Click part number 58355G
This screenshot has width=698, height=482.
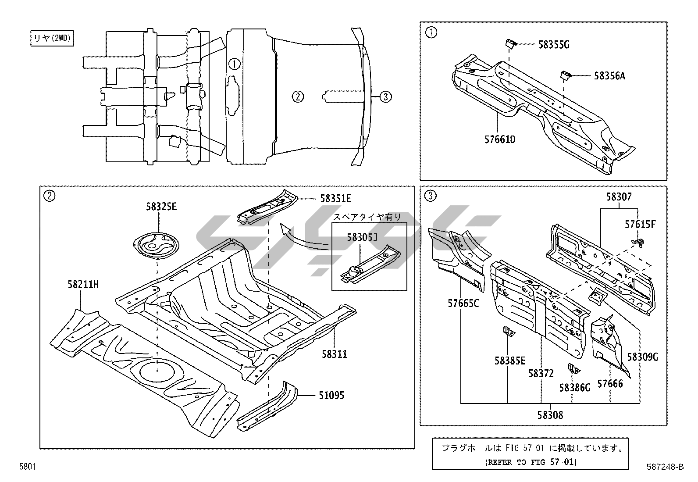[554, 45]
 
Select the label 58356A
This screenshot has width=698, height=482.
[609, 76]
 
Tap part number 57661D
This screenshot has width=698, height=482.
[500, 139]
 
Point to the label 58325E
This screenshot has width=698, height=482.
[161, 207]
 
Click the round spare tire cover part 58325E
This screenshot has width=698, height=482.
[156, 246]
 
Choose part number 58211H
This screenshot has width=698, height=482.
[83, 284]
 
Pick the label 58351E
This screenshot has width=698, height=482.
[335, 199]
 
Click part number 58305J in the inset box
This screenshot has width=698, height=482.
[363, 238]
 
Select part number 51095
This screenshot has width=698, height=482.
[331, 395]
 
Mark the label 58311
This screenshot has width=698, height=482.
[335, 354]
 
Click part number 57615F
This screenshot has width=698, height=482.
[640, 224]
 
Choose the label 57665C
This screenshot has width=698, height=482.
[463, 303]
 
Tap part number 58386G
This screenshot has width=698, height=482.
[575, 388]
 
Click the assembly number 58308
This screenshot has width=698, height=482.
[550, 415]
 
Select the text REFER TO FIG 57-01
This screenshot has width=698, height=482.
[531, 462]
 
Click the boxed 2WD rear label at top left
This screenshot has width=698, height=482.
[52, 38]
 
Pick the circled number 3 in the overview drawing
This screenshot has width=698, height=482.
[386, 96]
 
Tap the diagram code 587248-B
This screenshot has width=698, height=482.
[665, 467]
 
